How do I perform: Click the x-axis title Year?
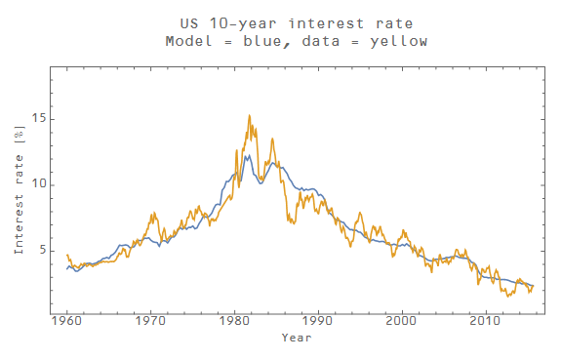coord(297,339)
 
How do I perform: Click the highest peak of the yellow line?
coord(249,115)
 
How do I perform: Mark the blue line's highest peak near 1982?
coord(248,155)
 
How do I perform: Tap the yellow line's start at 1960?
coord(66,255)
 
